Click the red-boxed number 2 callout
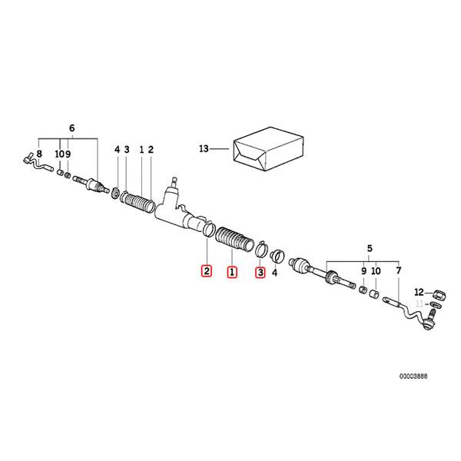coord(207,270)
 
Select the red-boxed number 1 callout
coord(232,272)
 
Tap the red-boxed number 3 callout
coord(260,272)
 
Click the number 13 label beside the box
coord(204,149)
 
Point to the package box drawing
coord(268,149)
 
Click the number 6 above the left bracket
coord(72,128)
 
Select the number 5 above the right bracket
coord(370,248)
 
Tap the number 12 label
coord(420,292)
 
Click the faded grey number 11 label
coord(420,303)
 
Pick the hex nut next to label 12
coord(439,294)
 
